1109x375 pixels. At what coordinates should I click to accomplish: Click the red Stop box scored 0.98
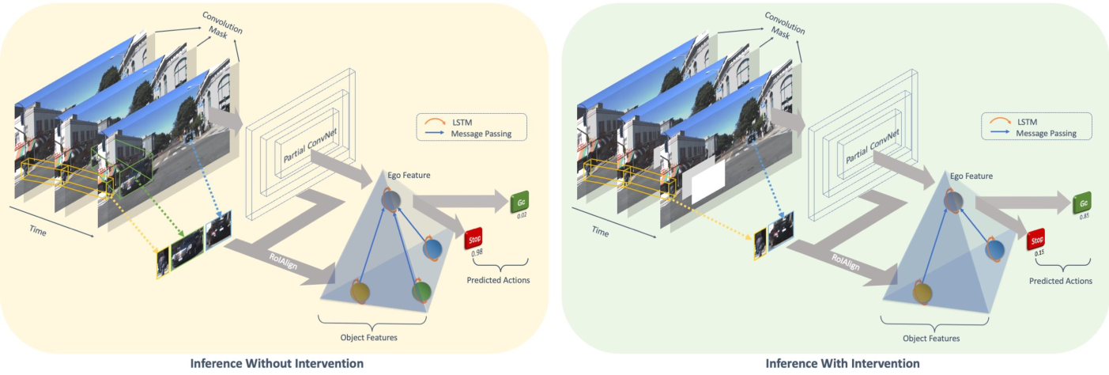(x=473, y=239)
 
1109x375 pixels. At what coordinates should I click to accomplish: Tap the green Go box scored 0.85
(x=1082, y=203)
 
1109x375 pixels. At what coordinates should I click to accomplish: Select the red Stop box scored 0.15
(x=1035, y=241)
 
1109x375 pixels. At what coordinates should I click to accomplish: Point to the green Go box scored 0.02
(x=520, y=202)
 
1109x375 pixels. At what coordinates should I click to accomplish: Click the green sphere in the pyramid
(x=421, y=291)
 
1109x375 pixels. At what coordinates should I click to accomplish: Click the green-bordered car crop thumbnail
(x=187, y=248)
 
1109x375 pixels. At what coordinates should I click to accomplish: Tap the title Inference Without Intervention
(x=277, y=364)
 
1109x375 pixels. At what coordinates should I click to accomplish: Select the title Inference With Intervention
(x=843, y=364)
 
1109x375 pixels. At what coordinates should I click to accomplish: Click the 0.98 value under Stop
(x=477, y=253)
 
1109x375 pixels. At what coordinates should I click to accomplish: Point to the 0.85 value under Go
(x=1084, y=217)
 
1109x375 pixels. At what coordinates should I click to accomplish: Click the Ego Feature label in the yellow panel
(x=409, y=175)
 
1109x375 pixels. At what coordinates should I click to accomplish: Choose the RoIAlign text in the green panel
(x=846, y=262)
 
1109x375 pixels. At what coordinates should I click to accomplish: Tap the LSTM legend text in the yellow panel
(x=462, y=123)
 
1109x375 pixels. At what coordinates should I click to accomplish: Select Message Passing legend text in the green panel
(x=1046, y=133)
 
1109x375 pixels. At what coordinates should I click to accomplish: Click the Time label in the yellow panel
(x=38, y=231)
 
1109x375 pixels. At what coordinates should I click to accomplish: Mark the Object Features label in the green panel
(x=931, y=339)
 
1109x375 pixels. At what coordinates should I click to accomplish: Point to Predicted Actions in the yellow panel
(x=498, y=280)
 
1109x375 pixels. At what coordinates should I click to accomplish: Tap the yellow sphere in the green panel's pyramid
(x=922, y=292)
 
